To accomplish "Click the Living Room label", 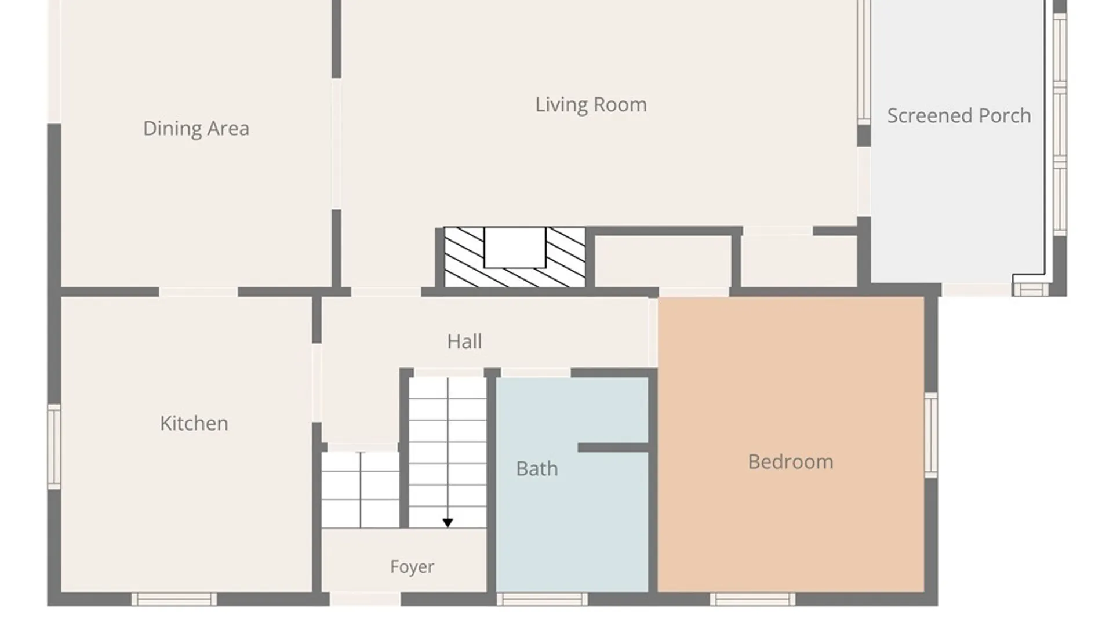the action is click(x=591, y=105).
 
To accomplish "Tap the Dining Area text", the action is click(x=196, y=129).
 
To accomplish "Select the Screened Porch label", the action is click(x=959, y=116).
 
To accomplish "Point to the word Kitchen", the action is click(x=194, y=423).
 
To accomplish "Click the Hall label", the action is click(x=464, y=341).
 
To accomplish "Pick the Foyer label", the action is click(x=412, y=566).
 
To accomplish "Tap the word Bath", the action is click(x=537, y=468).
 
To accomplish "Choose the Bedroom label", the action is click(x=791, y=462).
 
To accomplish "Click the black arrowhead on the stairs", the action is click(x=448, y=523).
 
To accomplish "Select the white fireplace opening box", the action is click(x=515, y=248).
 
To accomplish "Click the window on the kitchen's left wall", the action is click(x=54, y=446).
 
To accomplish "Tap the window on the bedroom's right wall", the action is click(x=931, y=435).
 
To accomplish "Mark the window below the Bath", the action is click(x=542, y=599).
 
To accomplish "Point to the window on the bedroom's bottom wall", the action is click(x=752, y=599).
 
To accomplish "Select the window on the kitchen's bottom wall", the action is click(x=174, y=599).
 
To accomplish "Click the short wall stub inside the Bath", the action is click(x=613, y=447).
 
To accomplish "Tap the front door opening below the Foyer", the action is click(x=365, y=599).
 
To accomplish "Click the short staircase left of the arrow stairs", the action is click(x=361, y=490).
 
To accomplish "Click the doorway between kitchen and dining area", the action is click(x=198, y=292).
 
